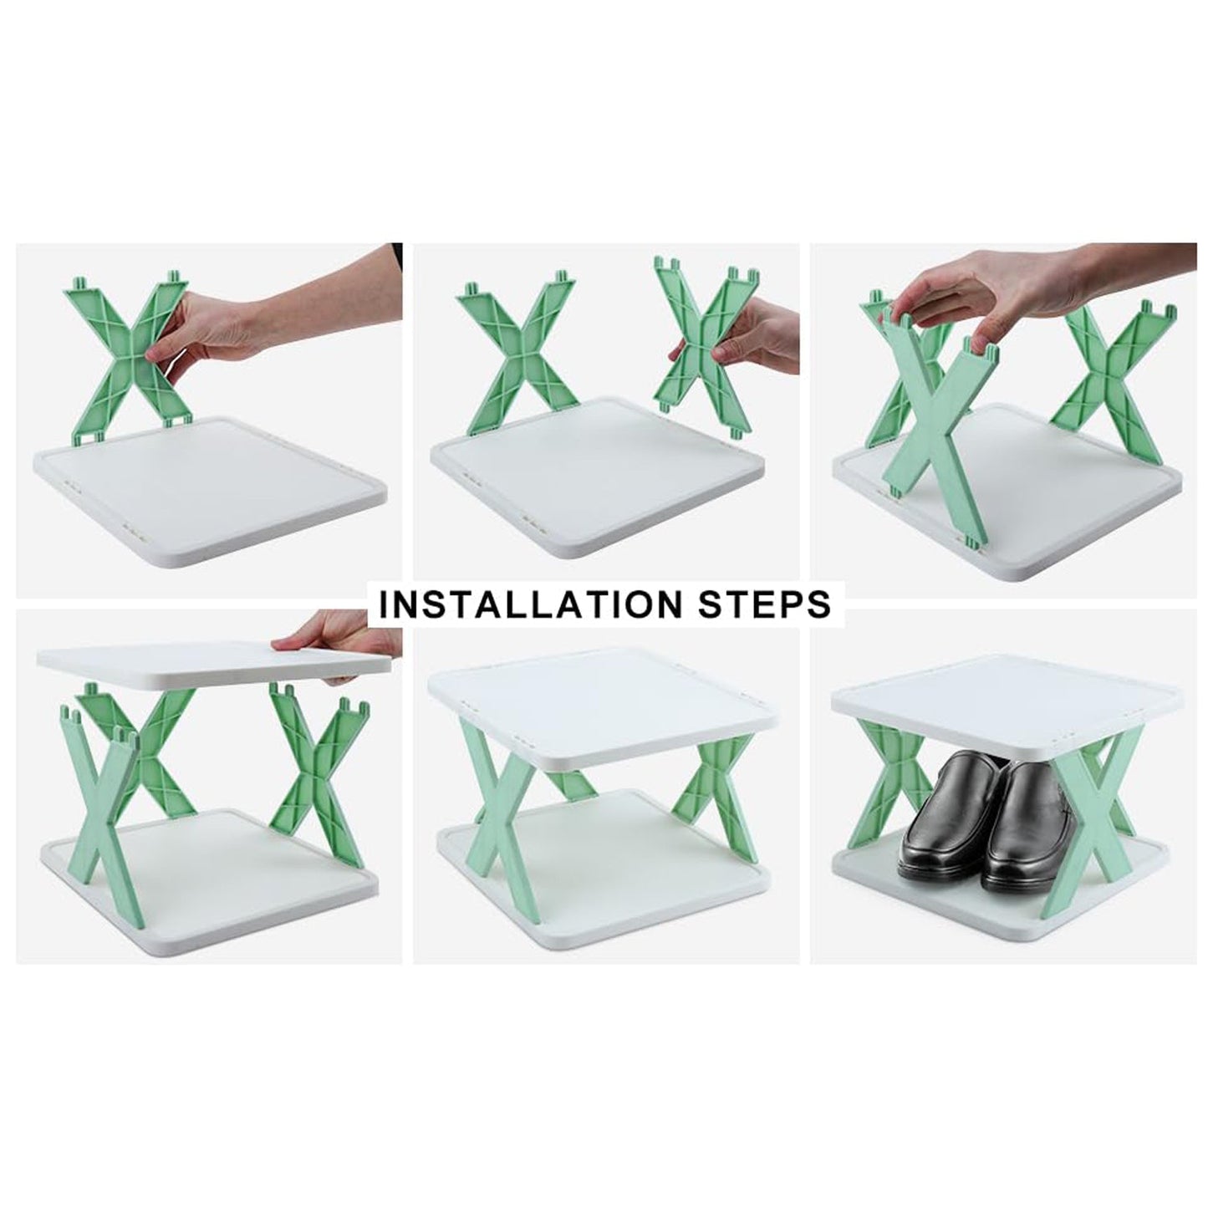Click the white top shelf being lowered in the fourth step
(x=201, y=660)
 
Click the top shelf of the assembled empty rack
(x=602, y=702)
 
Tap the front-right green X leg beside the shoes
(x=1095, y=819)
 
